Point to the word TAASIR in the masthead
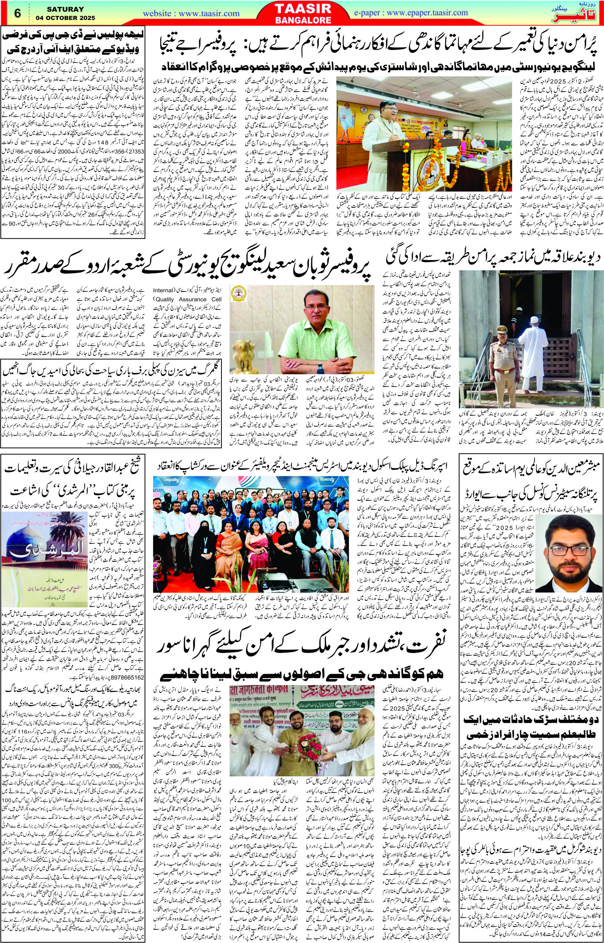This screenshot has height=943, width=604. (x=302, y=8)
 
